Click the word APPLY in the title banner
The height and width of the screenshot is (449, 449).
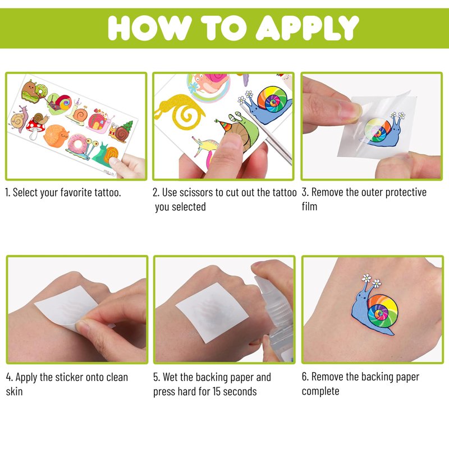307,28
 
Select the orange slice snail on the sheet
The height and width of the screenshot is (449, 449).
57,135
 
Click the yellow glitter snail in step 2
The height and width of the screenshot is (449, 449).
180,112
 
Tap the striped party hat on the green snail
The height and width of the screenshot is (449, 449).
225,125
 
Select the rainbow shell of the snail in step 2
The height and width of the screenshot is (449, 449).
272,100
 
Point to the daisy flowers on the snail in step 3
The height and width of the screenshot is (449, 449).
398,115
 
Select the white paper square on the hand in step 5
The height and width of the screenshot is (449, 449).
212,313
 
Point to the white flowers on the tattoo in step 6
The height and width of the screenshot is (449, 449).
372,280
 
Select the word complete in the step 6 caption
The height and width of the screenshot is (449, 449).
320,391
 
